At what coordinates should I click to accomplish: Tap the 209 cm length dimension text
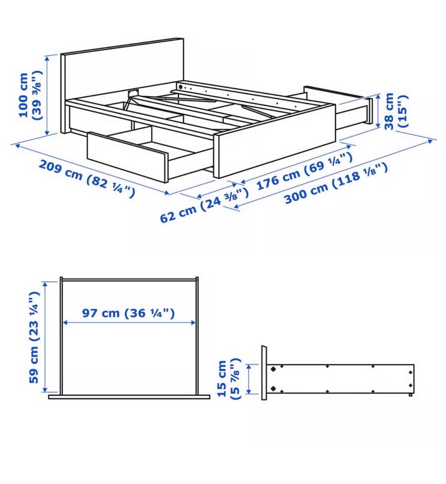click(87, 178)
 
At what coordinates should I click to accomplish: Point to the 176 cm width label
click(304, 171)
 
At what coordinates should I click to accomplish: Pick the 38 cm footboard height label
click(396, 111)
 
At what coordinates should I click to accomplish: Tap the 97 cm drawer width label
click(128, 313)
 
